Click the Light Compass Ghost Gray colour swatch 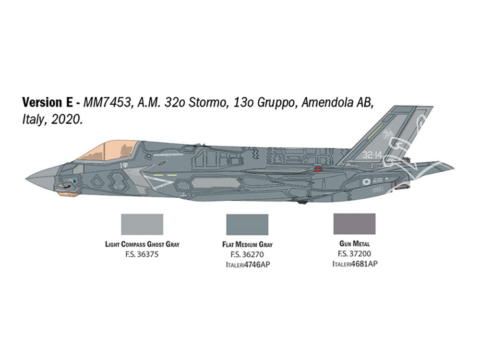pyautogui.click(x=142, y=224)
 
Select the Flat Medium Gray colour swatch pyautogui.click(x=247, y=224)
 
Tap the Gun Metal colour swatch pyautogui.click(x=354, y=224)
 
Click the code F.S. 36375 pyautogui.click(x=142, y=254)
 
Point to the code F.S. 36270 pyautogui.click(x=247, y=254)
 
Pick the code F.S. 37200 pyautogui.click(x=355, y=254)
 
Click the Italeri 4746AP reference pyautogui.click(x=248, y=264)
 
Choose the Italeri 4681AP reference pyautogui.click(x=355, y=264)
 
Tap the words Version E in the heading pyautogui.click(x=48, y=103)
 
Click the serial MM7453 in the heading pyautogui.click(x=107, y=103)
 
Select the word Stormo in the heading pyautogui.click(x=206, y=103)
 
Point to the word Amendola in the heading pyautogui.click(x=327, y=103)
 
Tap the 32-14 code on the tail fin pyautogui.click(x=372, y=155)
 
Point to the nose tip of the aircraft pyautogui.click(x=26, y=178)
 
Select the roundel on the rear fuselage pyautogui.click(x=366, y=182)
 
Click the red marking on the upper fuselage pyautogui.click(x=318, y=168)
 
